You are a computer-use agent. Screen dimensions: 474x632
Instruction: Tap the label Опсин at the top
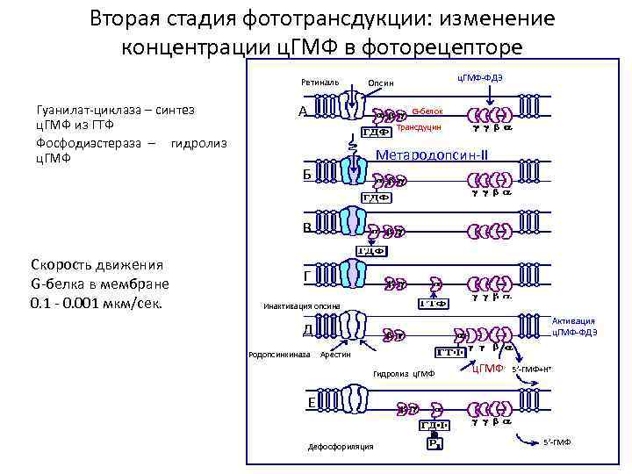pyautogui.click(x=381, y=83)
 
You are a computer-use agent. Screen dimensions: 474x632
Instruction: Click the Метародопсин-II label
pyautogui.click(x=433, y=155)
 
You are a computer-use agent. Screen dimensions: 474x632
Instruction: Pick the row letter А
pyautogui.click(x=303, y=112)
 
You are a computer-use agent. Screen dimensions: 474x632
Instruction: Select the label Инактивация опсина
pyautogui.click(x=296, y=306)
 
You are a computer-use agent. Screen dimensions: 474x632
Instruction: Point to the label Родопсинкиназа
pyautogui.click(x=279, y=355)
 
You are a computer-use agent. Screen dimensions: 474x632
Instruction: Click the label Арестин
pyautogui.click(x=335, y=355)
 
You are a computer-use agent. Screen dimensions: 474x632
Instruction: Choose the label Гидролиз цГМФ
pyautogui.click(x=404, y=374)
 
